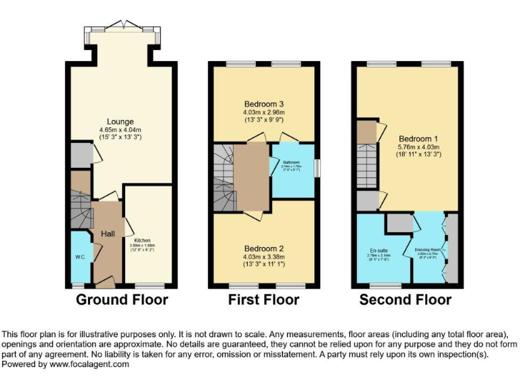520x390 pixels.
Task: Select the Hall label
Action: pyautogui.click(x=108, y=234)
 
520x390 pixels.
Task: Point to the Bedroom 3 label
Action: pyautogui.click(x=264, y=103)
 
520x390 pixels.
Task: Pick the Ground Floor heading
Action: pyautogui.click(x=122, y=300)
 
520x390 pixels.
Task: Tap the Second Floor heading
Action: pyautogui.click(x=405, y=300)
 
